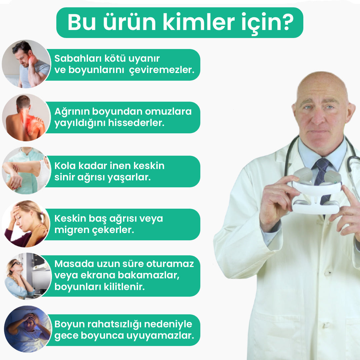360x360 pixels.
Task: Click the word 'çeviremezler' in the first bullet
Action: pyautogui.click(x=160, y=70)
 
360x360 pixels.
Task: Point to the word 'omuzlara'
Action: pyautogui.click(x=168, y=111)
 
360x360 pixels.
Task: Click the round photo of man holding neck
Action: pyautogui.click(x=26, y=64)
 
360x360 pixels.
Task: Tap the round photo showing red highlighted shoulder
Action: pyautogui.click(x=26, y=117)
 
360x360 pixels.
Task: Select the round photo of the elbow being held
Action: pyautogui.click(x=26, y=171)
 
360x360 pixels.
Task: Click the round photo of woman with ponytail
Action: pyautogui.click(x=26, y=224)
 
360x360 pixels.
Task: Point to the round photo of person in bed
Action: pyautogui.click(x=28, y=329)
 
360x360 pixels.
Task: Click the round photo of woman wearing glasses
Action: pyautogui.click(x=28, y=276)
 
